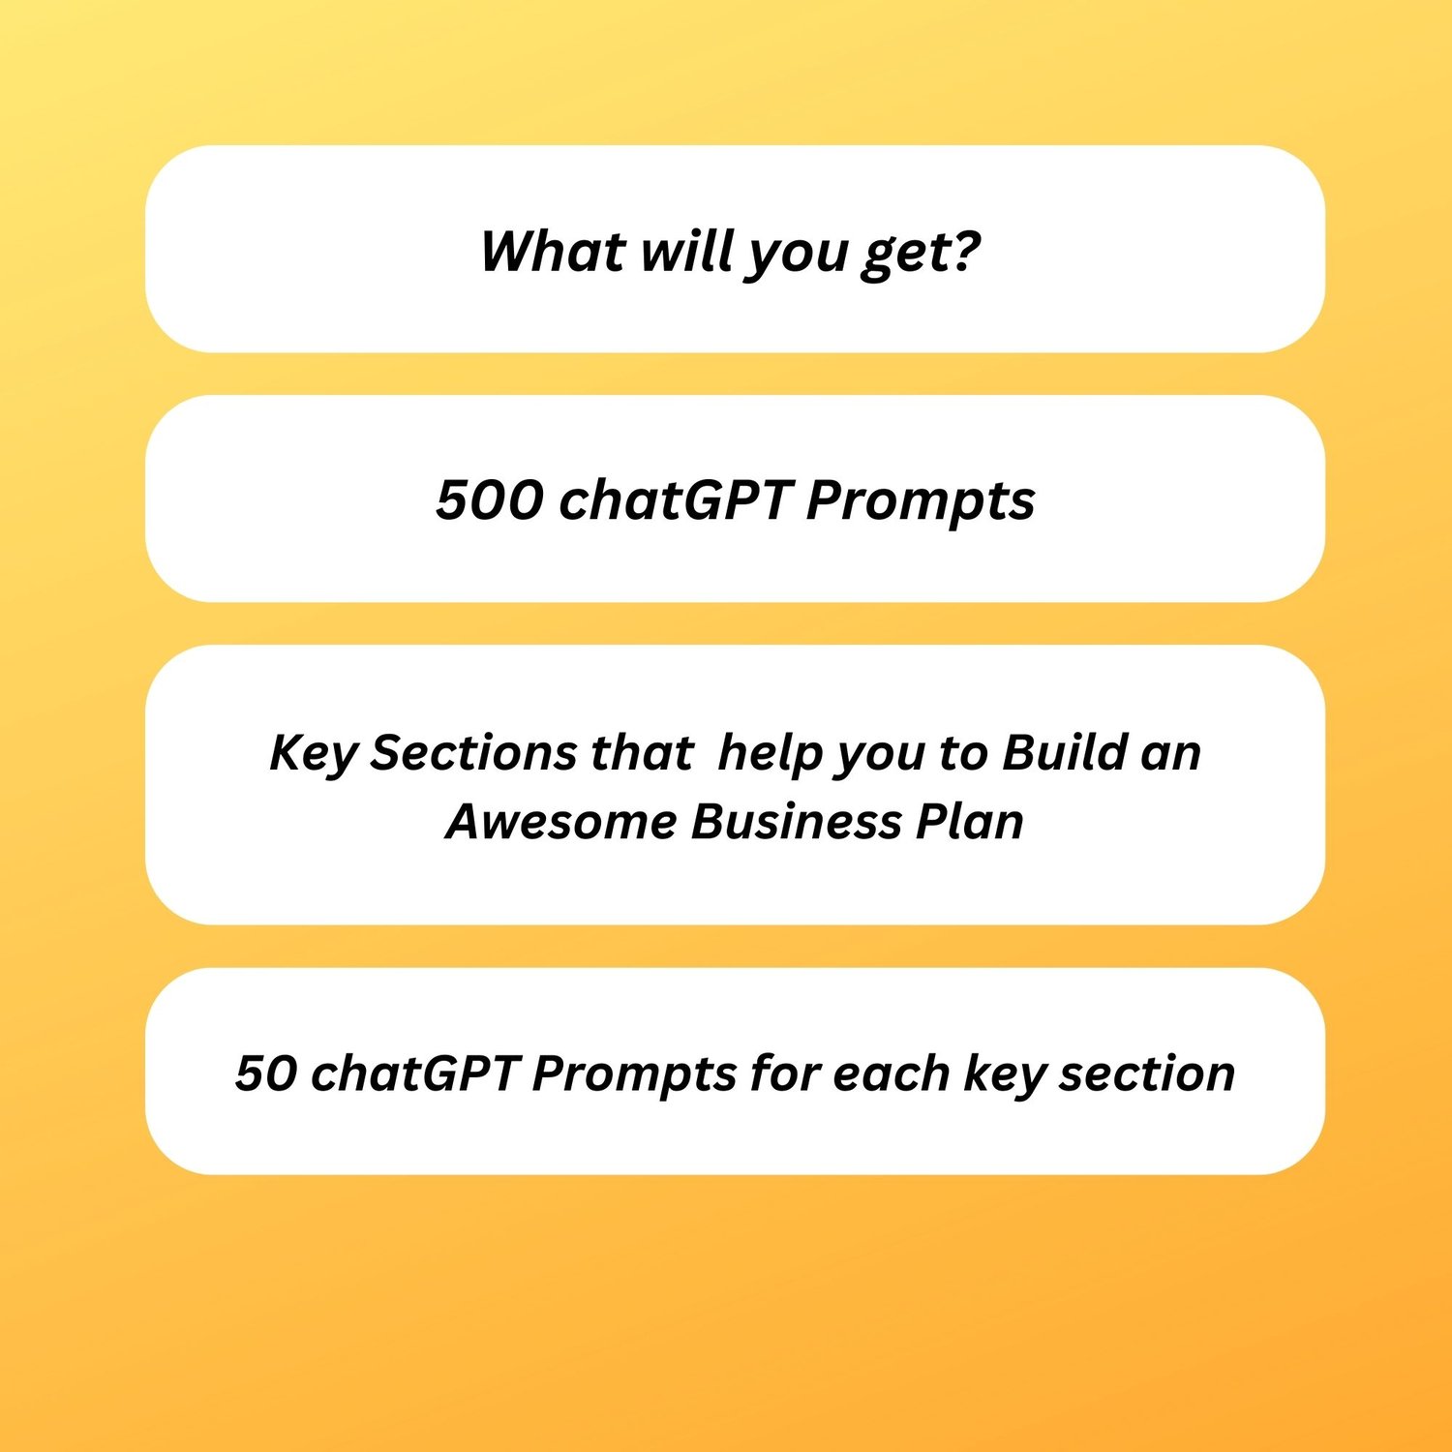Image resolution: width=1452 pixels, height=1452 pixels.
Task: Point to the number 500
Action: point(490,500)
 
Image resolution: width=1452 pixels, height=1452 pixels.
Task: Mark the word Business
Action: point(796,821)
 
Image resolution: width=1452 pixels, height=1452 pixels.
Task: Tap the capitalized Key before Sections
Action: point(313,754)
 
